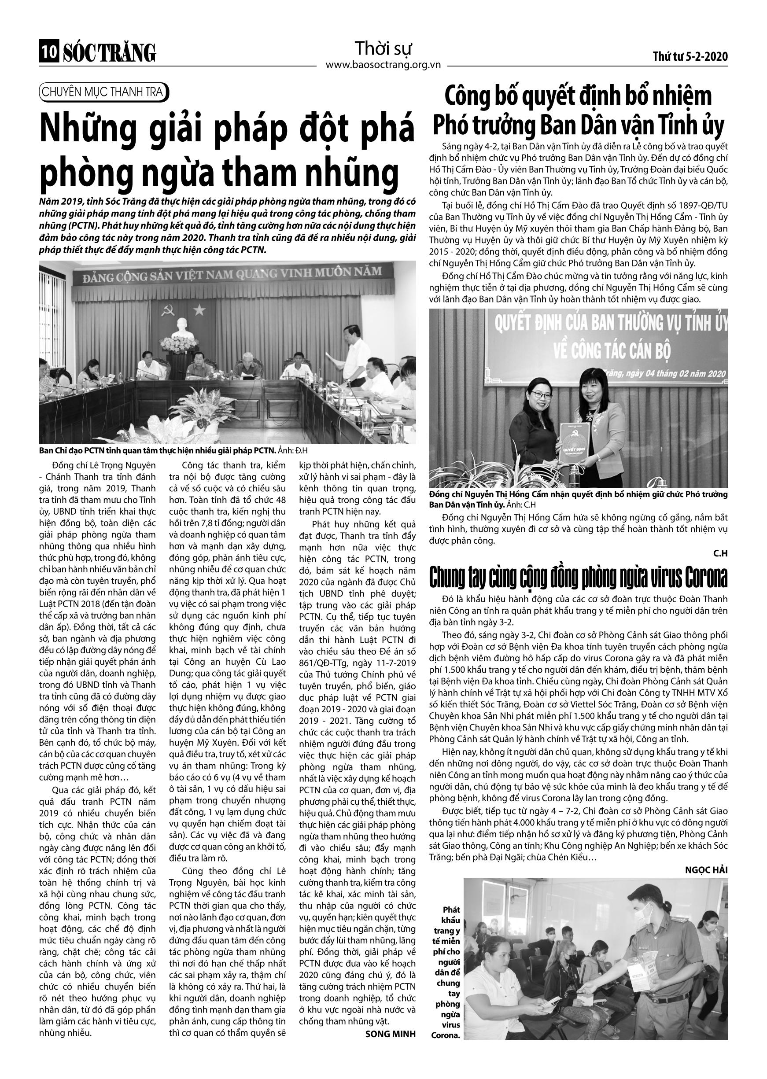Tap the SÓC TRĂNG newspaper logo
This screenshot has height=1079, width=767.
tap(109, 52)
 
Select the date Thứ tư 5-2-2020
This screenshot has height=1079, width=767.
tap(690, 57)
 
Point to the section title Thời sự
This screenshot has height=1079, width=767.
tap(383, 48)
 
